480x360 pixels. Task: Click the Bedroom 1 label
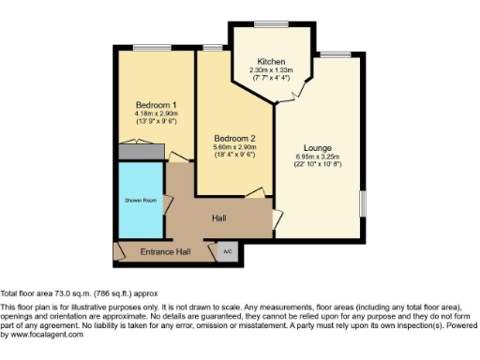point(157,104)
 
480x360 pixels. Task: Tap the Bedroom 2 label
point(233,138)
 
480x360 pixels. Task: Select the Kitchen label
point(272,62)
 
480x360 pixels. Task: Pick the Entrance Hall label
point(165,251)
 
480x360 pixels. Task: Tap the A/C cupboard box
point(228,251)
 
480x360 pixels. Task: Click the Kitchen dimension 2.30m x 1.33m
point(272,70)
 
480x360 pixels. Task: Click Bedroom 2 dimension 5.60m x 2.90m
point(233,146)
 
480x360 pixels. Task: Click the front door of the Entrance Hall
point(119,251)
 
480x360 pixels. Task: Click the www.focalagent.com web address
point(43,335)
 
